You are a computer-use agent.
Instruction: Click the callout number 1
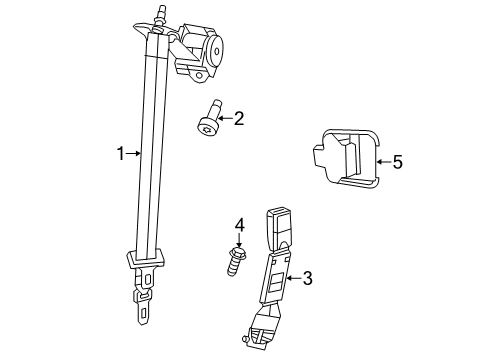point(119,154)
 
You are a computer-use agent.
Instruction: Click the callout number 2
point(239,119)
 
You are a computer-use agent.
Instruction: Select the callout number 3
point(307,277)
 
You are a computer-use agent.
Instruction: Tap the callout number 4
point(239,224)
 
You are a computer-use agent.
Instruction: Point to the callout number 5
point(397,160)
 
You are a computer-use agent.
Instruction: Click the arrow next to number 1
point(133,154)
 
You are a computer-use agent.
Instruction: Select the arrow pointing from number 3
point(291,277)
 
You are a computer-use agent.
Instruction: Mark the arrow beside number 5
point(381,160)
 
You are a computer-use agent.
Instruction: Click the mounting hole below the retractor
point(200,76)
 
